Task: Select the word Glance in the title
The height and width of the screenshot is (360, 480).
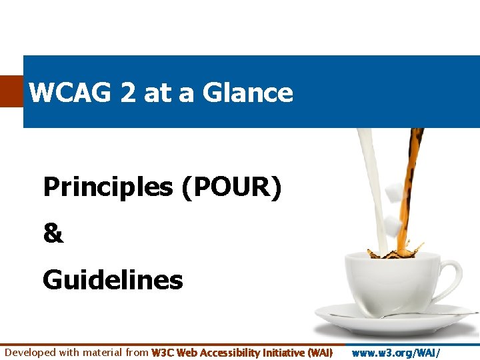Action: click(247, 93)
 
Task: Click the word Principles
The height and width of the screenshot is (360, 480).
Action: click(107, 188)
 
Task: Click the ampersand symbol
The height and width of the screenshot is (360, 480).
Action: click(53, 234)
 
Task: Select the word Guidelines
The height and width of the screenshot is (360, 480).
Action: click(113, 280)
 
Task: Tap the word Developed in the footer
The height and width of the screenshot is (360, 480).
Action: click(31, 352)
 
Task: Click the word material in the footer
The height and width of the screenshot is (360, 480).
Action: click(101, 352)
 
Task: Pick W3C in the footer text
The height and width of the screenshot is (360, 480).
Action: click(163, 352)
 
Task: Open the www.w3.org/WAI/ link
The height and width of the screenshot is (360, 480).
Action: click(396, 352)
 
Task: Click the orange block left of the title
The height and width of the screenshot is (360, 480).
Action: click(11, 91)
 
